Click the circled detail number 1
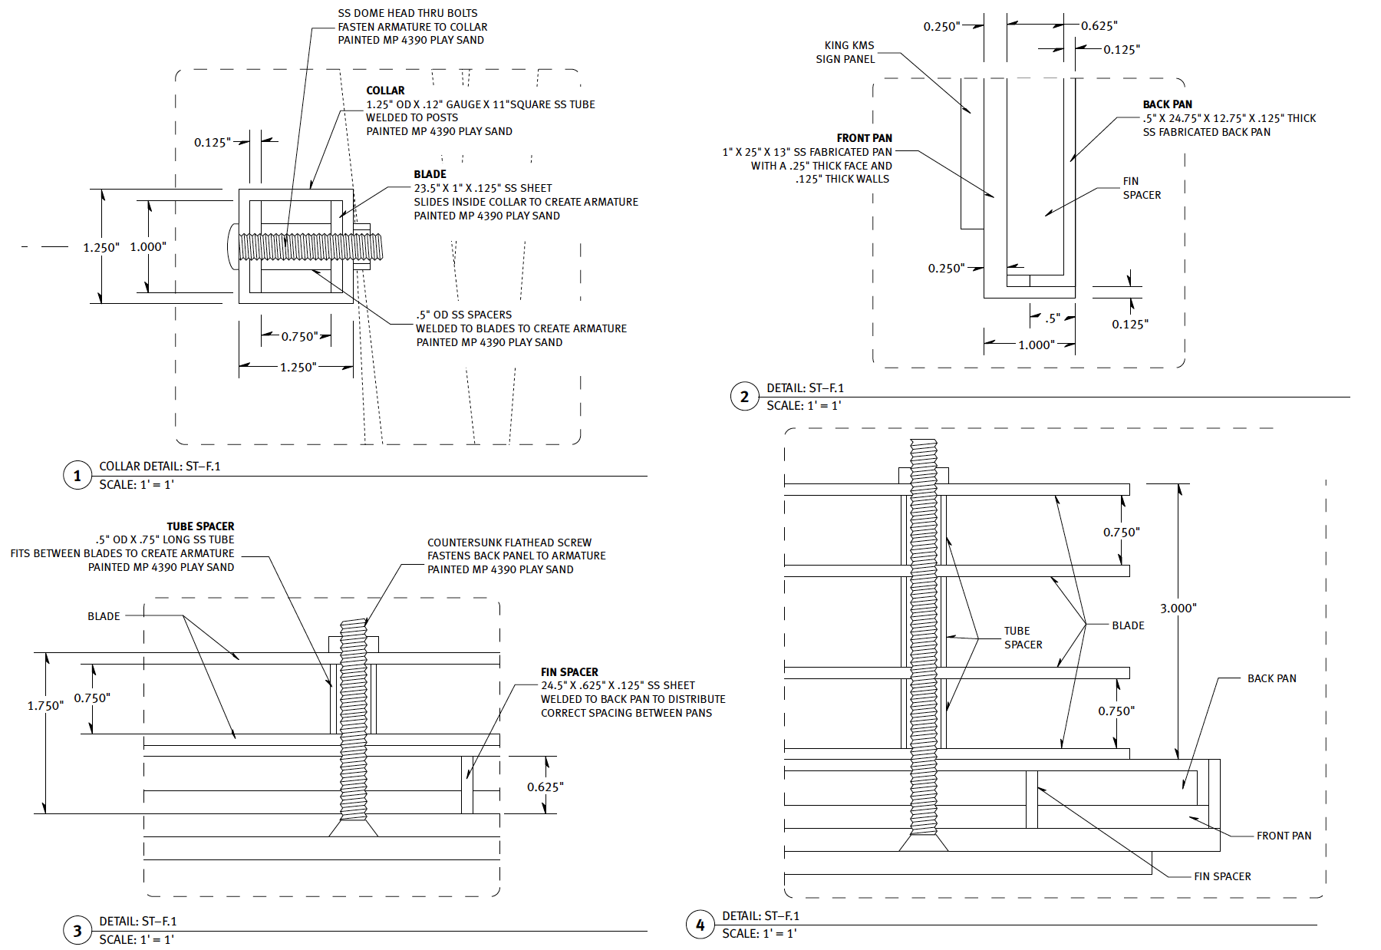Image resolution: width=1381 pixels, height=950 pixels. click(77, 476)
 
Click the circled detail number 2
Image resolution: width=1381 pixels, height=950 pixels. click(744, 397)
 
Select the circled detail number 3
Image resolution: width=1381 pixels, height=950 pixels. click(77, 931)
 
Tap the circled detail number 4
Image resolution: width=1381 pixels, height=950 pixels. click(700, 925)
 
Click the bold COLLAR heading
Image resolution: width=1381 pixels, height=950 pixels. click(385, 91)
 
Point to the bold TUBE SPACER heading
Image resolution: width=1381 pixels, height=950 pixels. click(200, 526)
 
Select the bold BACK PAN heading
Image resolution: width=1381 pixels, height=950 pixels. click(1167, 104)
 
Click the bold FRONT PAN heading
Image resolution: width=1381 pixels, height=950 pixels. click(864, 138)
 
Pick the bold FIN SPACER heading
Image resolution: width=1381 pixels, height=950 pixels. click(569, 672)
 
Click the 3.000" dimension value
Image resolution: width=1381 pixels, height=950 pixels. click(1178, 609)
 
